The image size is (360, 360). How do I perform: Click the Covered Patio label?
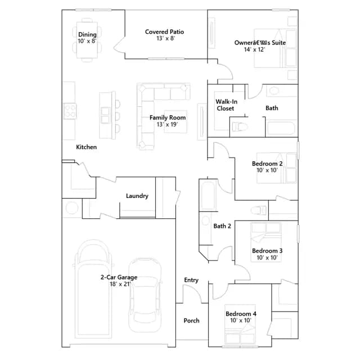164,31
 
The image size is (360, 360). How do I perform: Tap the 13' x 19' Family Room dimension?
168,124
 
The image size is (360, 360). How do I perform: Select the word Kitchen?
86,147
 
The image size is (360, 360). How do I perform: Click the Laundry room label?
137,196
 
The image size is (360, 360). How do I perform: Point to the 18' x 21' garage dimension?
120,284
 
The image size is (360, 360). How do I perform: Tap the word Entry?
191,280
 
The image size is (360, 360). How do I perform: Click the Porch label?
191,321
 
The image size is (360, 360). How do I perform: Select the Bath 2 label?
222,226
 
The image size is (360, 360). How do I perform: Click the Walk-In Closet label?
226,105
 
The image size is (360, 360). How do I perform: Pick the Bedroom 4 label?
241,314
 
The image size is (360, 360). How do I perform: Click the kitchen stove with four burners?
70,111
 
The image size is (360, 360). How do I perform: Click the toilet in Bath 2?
259,210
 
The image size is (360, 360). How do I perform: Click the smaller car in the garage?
145,295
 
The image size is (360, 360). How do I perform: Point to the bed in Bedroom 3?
266,242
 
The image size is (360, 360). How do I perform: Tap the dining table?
87,40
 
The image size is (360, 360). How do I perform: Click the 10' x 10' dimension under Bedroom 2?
267,170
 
